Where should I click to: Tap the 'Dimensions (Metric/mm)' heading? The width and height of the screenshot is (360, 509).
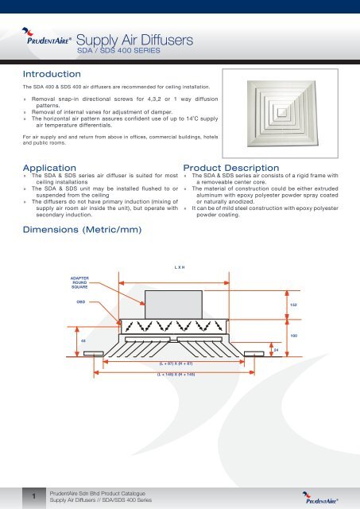83,231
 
